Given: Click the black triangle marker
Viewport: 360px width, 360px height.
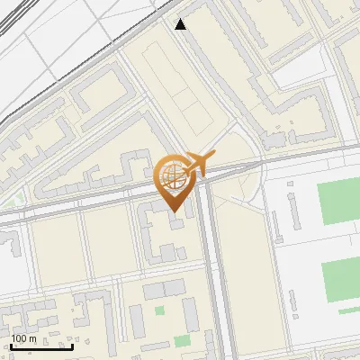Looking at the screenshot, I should pos(181,24).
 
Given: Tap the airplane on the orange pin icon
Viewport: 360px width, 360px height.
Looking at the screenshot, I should pos(198,163).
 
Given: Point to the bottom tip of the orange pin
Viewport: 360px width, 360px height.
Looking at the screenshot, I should pos(172,211).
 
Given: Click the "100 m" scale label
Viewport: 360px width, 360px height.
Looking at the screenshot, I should pos(23,338).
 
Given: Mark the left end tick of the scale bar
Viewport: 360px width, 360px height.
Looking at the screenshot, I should pos(11,346).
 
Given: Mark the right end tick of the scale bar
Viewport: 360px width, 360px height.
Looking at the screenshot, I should pos(73,346).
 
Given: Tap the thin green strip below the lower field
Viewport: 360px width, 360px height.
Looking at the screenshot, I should pos(347,310).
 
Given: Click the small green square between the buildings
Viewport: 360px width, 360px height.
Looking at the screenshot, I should pos(160,311).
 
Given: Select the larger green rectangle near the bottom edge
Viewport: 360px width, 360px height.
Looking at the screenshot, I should pos(183,341).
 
